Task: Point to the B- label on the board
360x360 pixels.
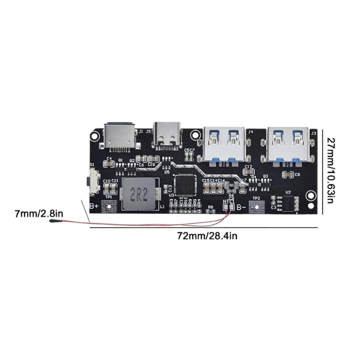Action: tap(241, 207)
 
